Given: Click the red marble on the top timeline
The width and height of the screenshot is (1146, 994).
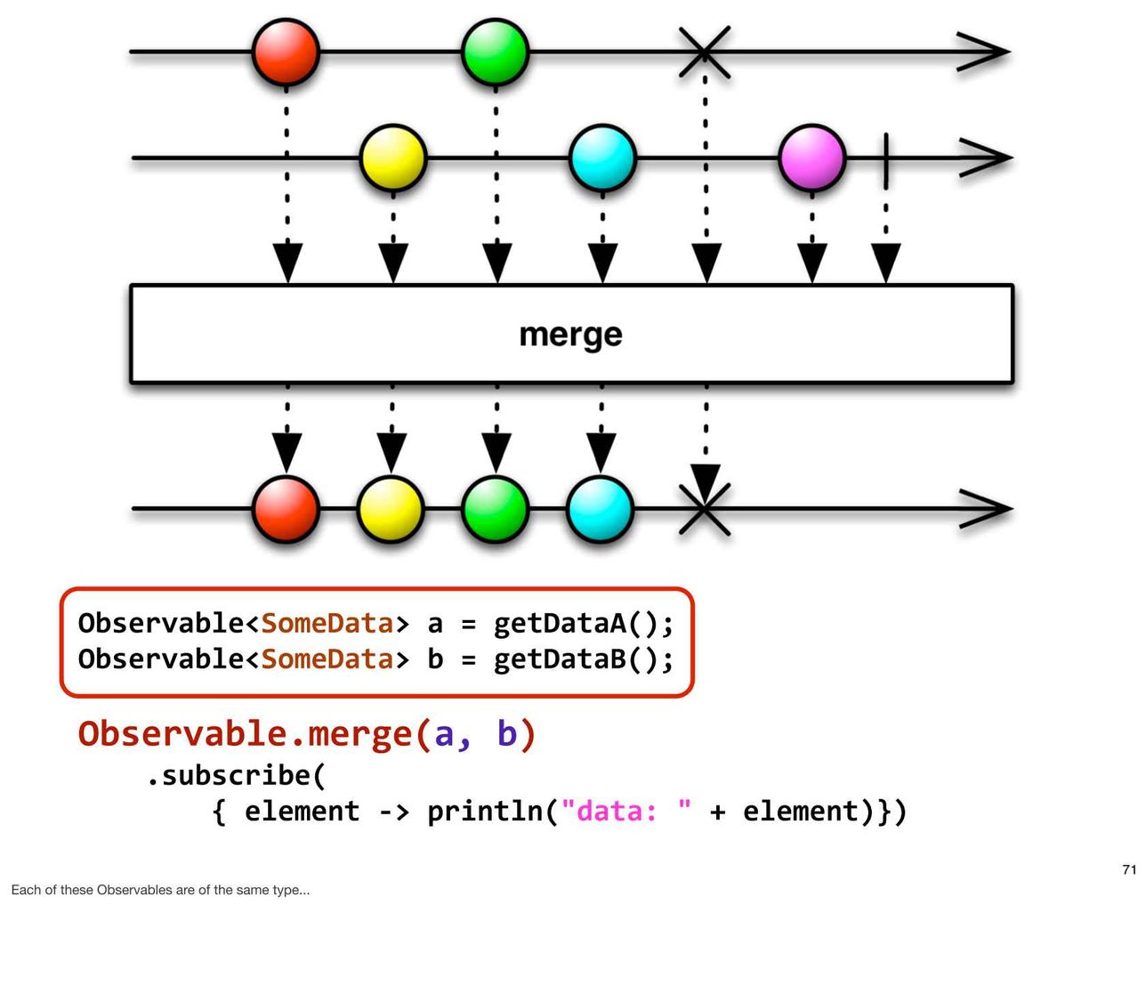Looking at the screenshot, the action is (286, 53).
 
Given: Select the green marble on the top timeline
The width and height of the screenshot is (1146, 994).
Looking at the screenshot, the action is (495, 53).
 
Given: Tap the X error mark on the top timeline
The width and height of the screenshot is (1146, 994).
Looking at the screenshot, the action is (705, 53).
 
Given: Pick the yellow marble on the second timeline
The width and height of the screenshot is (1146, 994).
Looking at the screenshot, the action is (392, 158).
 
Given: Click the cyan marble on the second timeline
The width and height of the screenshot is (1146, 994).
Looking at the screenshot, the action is (602, 158).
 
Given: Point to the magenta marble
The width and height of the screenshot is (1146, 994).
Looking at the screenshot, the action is (812, 158).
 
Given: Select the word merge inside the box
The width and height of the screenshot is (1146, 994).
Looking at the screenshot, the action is (570, 335).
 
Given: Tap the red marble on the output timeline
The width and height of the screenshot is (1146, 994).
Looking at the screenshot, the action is (286, 509).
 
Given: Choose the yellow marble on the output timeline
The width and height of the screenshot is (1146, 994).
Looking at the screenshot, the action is (391, 509).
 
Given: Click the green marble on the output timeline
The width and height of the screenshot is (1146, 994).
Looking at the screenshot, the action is (495, 509).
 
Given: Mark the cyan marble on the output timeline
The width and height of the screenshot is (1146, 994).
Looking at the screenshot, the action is (600, 509).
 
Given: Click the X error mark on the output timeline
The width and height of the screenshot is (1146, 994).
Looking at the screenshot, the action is (705, 509).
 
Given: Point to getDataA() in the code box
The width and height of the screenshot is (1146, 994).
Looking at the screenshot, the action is (582, 624).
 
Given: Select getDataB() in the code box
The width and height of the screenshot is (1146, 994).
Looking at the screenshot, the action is (582, 659).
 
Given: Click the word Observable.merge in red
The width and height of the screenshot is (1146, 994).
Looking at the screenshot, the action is (246, 734).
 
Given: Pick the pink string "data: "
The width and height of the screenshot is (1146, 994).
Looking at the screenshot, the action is (626, 811).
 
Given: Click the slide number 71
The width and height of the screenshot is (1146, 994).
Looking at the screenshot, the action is (1129, 869).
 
